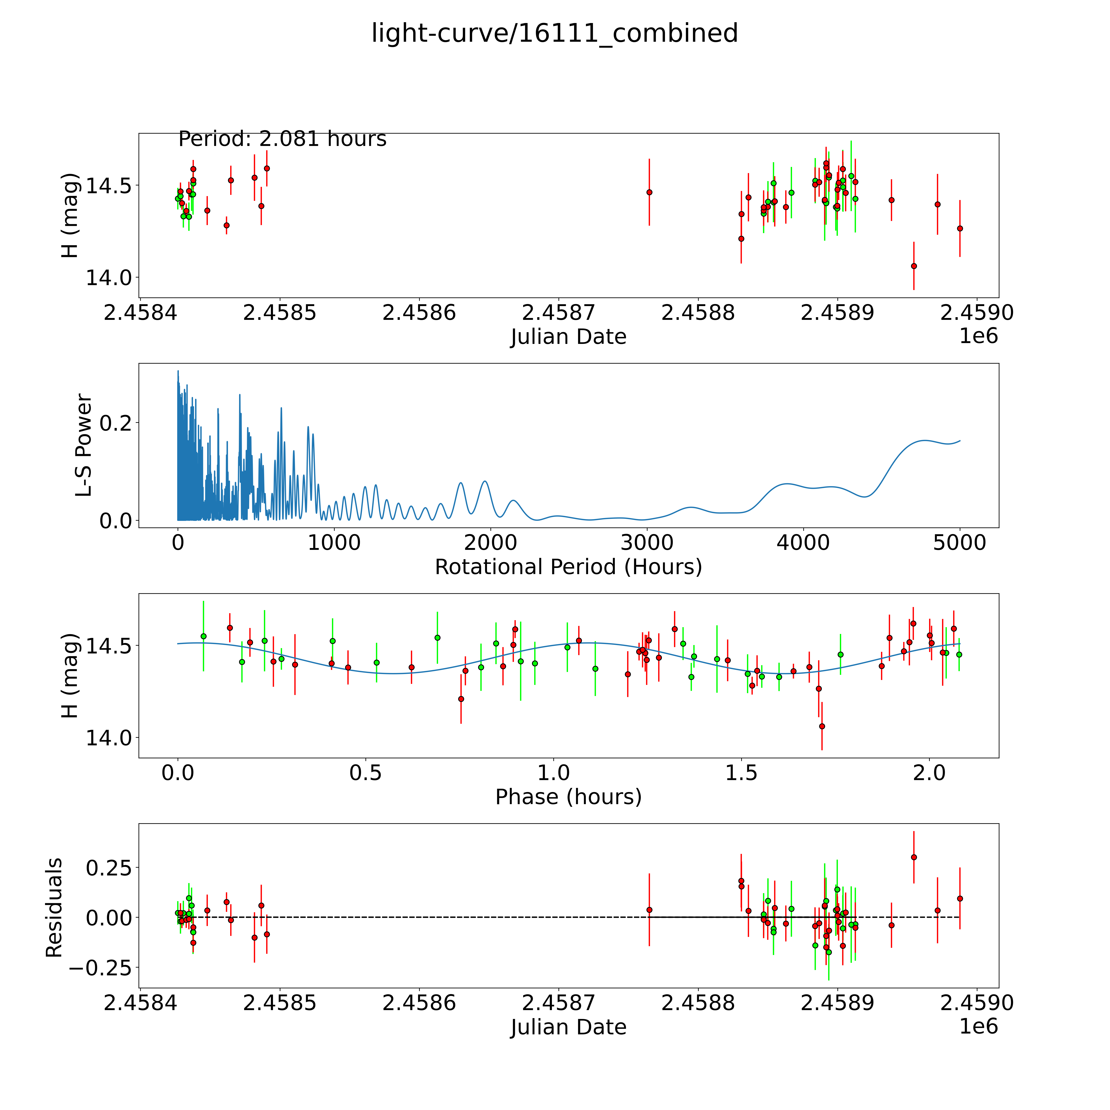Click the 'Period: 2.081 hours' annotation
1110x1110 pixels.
(x=282, y=139)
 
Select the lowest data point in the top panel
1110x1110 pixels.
(x=913, y=266)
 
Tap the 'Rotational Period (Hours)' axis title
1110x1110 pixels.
(x=568, y=567)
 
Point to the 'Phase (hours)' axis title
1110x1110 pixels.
(x=568, y=797)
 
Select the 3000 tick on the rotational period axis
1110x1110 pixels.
(x=647, y=543)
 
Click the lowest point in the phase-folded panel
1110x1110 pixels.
(x=822, y=726)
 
